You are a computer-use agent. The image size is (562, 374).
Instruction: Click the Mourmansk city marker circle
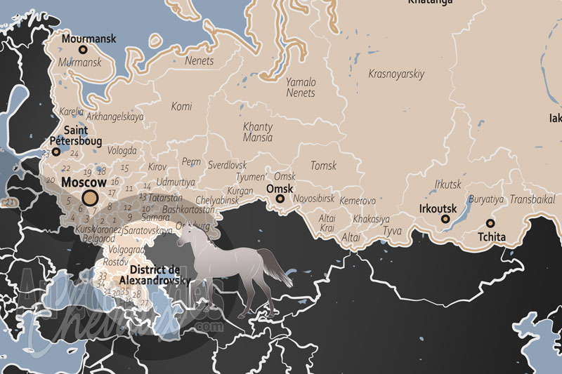(x=83, y=50)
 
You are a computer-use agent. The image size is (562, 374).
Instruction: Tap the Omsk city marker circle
(x=280, y=199)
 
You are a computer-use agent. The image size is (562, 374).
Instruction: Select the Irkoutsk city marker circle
(x=445, y=219)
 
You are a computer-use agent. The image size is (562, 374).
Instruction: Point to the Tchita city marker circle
(x=490, y=224)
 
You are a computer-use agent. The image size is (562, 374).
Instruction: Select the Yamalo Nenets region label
(x=301, y=87)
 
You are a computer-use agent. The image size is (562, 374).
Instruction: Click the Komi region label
(x=181, y=107)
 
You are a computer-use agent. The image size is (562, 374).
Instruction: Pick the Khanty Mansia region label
(x=257, y=133)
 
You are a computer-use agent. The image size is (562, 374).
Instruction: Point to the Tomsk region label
(x=323, y=166)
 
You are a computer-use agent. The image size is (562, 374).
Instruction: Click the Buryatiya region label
(x=486, y=199)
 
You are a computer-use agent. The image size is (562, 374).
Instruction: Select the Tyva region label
(x=393, y=230)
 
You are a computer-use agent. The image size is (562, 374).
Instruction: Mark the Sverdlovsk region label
(x=228, y=164)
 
